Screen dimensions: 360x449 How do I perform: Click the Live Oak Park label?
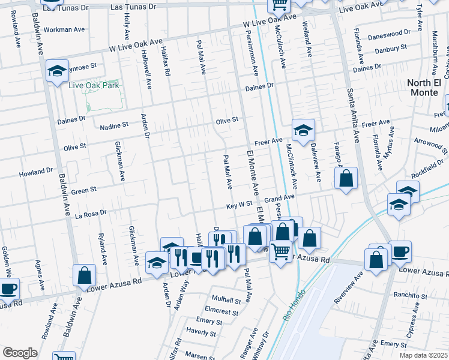(x=94, y=85)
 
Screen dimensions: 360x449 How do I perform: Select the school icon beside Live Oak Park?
(x=58, y=71)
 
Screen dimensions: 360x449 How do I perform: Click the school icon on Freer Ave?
(x=304, y=130)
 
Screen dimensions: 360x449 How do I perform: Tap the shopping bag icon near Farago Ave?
(x=346, y=178)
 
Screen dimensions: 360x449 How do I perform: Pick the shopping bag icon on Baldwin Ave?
(x=85, y=275)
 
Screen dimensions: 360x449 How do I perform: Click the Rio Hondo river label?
(x=294, y=305)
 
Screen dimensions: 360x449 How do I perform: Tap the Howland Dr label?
(x=36, y=172)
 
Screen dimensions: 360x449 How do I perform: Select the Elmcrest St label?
(x=222, y=310)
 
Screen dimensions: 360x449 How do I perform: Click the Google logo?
(x=20, y=353)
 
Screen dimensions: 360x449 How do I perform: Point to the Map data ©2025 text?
(x=423, y=355)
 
